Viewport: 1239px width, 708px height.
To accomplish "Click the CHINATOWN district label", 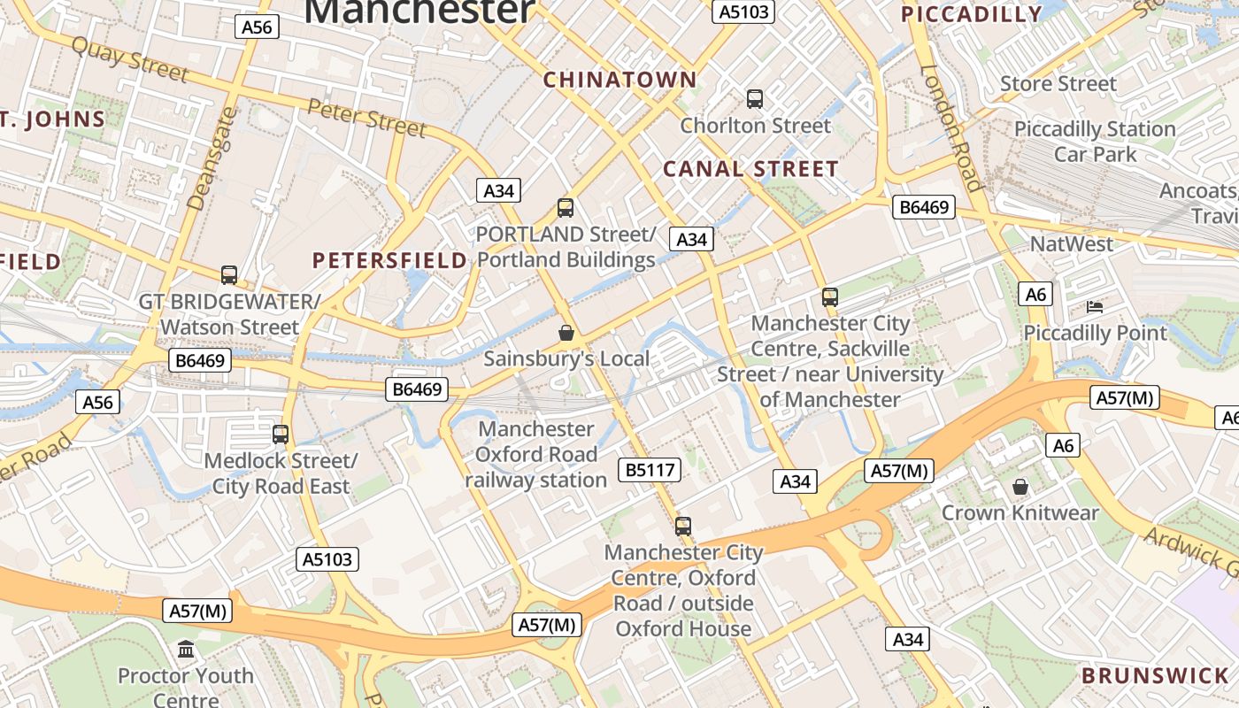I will (619, 80).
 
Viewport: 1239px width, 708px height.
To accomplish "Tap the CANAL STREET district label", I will (750, 169).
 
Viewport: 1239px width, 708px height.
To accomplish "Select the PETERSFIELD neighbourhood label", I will (389, 260).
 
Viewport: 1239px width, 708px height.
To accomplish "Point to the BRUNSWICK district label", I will (1155, 676).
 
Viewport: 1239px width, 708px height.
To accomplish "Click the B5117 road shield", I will (651, 470).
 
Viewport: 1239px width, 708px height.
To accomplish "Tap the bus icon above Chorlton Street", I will (755, 99).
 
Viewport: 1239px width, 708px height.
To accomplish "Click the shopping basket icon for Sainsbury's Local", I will (566, 333).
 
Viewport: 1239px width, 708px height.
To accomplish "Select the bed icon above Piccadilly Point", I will (1095, 307).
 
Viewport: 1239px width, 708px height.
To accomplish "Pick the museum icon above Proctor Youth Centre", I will (186, 650).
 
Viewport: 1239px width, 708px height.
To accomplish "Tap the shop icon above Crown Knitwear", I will (1020, 487).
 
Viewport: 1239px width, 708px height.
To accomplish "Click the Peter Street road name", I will (366, 117).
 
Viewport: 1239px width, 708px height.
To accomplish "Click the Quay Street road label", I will (129, 60).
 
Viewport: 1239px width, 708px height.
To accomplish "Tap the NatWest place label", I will (1072, 243).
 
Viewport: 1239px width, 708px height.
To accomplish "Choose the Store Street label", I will (1058, 84).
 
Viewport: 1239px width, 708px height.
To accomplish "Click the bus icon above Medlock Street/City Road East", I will (281, 435).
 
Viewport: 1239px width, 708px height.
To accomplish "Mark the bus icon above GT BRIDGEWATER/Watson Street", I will (229, 275).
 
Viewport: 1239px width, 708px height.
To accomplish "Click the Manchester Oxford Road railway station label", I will (536, 454).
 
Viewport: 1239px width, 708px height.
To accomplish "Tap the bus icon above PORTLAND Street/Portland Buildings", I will (566, 208).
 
